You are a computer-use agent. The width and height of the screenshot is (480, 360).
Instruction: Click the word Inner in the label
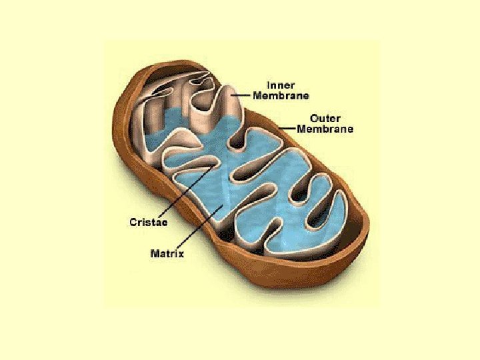pos(281,85)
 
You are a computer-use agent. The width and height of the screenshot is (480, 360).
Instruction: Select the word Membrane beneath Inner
pos(281,95)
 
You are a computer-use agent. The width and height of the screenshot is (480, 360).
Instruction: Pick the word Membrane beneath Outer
pos(325,129)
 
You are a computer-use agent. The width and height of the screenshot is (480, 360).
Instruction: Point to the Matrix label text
pos(167,253)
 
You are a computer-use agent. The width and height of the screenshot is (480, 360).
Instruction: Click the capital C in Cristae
pos(133,222)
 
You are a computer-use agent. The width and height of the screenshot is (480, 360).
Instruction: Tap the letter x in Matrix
pos(181,253)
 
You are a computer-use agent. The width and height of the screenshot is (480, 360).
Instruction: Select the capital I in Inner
pos(268,85)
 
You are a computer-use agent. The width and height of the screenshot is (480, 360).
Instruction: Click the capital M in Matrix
pos(155,253)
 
